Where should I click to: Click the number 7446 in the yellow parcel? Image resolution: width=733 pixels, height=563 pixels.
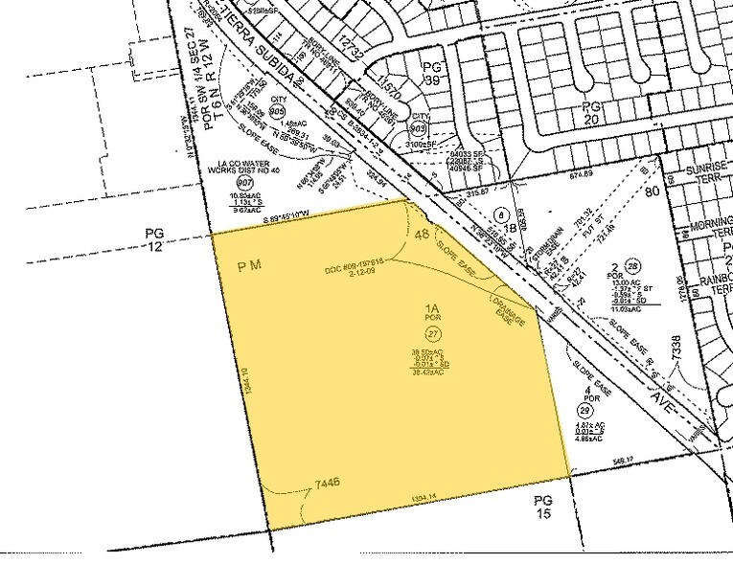[323, 486]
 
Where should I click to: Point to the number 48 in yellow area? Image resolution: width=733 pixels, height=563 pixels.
[421, 234]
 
